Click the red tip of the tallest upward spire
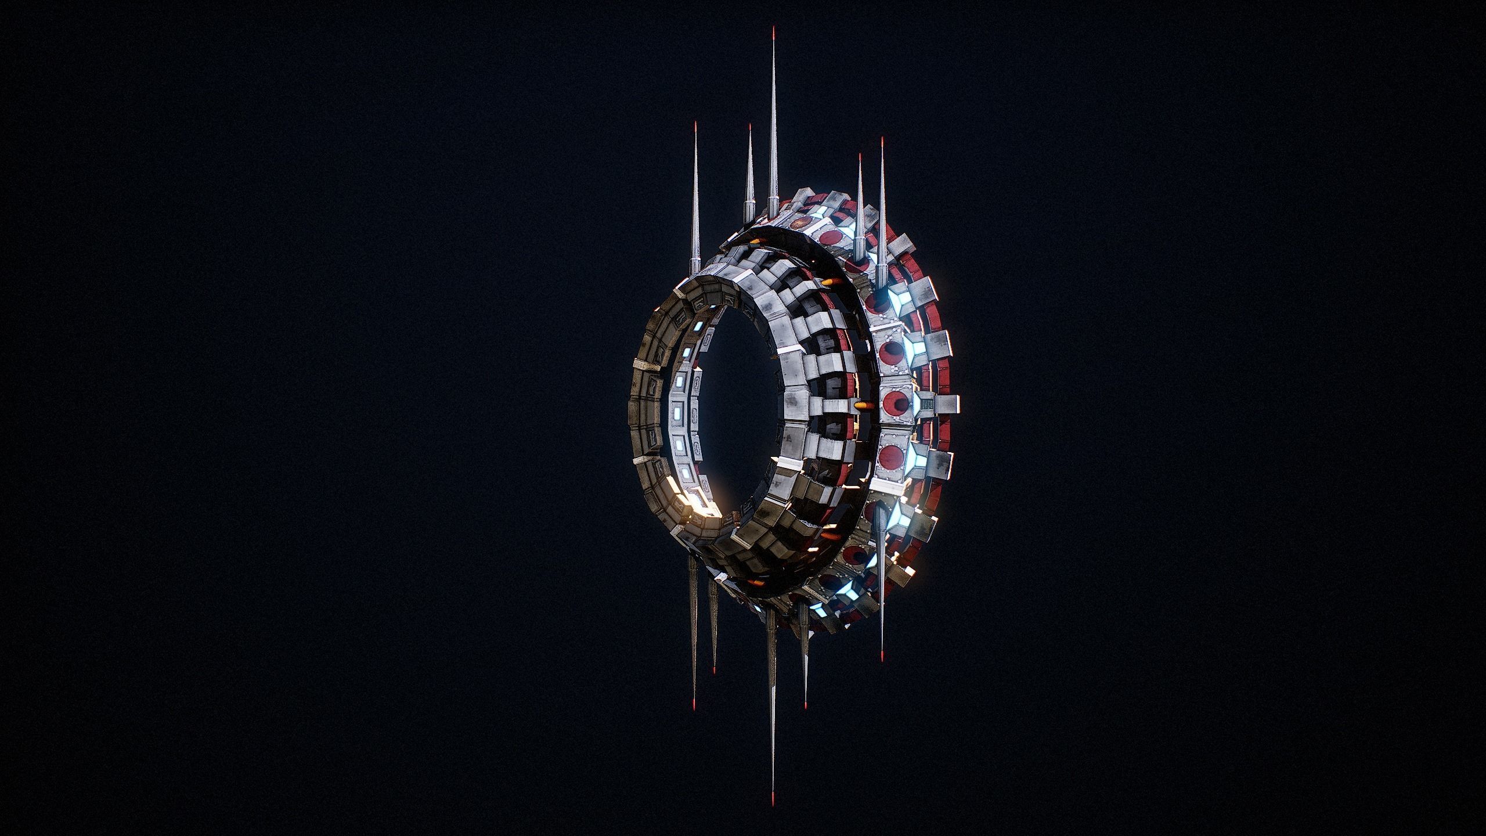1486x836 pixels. pos(773,30)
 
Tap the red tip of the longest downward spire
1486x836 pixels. pos(773,806)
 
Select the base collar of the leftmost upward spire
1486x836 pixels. pos(694,264)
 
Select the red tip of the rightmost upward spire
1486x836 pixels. pos(882,141)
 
